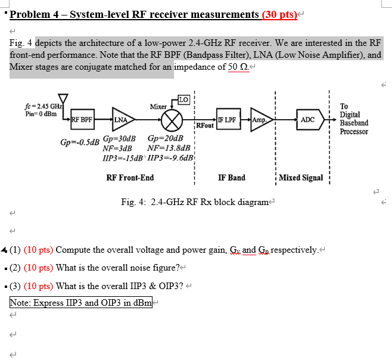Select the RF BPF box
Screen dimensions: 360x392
[x=82, y=119]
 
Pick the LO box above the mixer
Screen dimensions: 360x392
[x=184, y=99]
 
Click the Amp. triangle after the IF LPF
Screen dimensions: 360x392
[x=260, y=119]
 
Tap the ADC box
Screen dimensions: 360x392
[x=307, y=119]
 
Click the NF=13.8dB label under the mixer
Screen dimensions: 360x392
[x=169, y=148]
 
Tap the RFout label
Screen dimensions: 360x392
[x=204, y=126]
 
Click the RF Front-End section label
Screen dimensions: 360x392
[x=130, y=178]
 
